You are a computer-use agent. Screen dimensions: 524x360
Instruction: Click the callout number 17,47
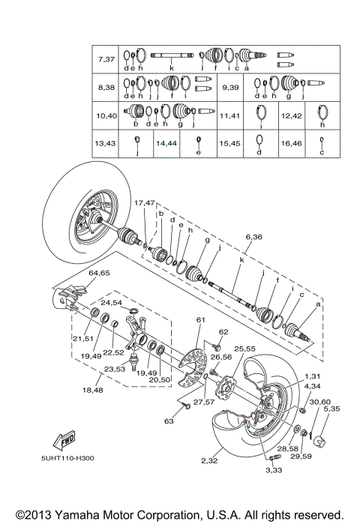(x=144, y=203)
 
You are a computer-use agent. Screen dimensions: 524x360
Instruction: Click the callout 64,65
(x=99, y=273)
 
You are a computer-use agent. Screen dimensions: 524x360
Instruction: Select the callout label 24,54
(x=112, y=302)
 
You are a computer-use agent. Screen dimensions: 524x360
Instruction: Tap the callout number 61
(x=199, y=320)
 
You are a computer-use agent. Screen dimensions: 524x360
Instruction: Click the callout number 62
(x=223, y=331)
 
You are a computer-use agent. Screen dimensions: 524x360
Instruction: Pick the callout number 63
(x=168, y=421)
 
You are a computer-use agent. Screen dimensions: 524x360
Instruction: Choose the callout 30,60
(x=319, y=402)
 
